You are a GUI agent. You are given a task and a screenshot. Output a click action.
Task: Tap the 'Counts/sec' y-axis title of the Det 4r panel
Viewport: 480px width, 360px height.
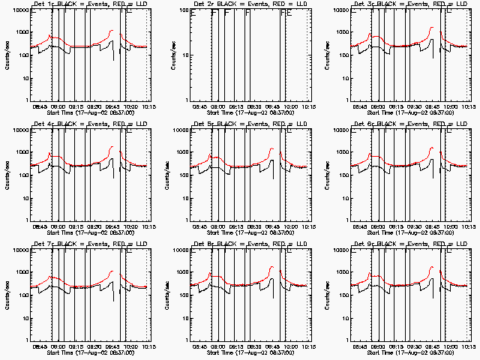7,175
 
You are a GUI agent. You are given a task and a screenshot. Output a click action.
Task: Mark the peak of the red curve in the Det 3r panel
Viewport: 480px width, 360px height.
432,28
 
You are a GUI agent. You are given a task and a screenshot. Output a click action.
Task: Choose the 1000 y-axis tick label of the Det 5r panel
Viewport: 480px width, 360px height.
180,153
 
